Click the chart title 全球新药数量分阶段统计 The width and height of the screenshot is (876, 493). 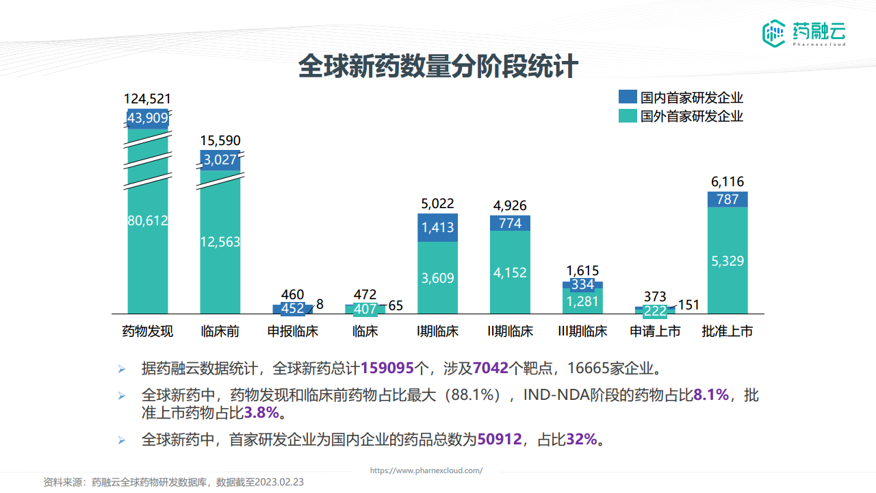438,68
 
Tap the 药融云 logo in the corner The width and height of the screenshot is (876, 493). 804,32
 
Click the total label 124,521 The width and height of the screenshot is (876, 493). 148,99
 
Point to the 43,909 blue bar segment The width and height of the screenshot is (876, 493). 148,118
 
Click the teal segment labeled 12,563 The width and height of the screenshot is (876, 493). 220,242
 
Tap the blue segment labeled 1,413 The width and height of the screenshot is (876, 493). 438,227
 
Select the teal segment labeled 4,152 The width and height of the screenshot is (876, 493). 510,273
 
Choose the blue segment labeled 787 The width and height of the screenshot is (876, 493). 727,199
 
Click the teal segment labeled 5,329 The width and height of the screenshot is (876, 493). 727,261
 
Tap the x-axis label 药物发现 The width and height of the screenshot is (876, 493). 148,331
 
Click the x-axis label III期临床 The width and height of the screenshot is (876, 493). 582,331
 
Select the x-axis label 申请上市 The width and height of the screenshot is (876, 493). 655,331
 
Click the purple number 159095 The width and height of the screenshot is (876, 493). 387,368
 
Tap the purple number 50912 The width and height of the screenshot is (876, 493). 500,439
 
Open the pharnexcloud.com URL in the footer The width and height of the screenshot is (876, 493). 426,470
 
